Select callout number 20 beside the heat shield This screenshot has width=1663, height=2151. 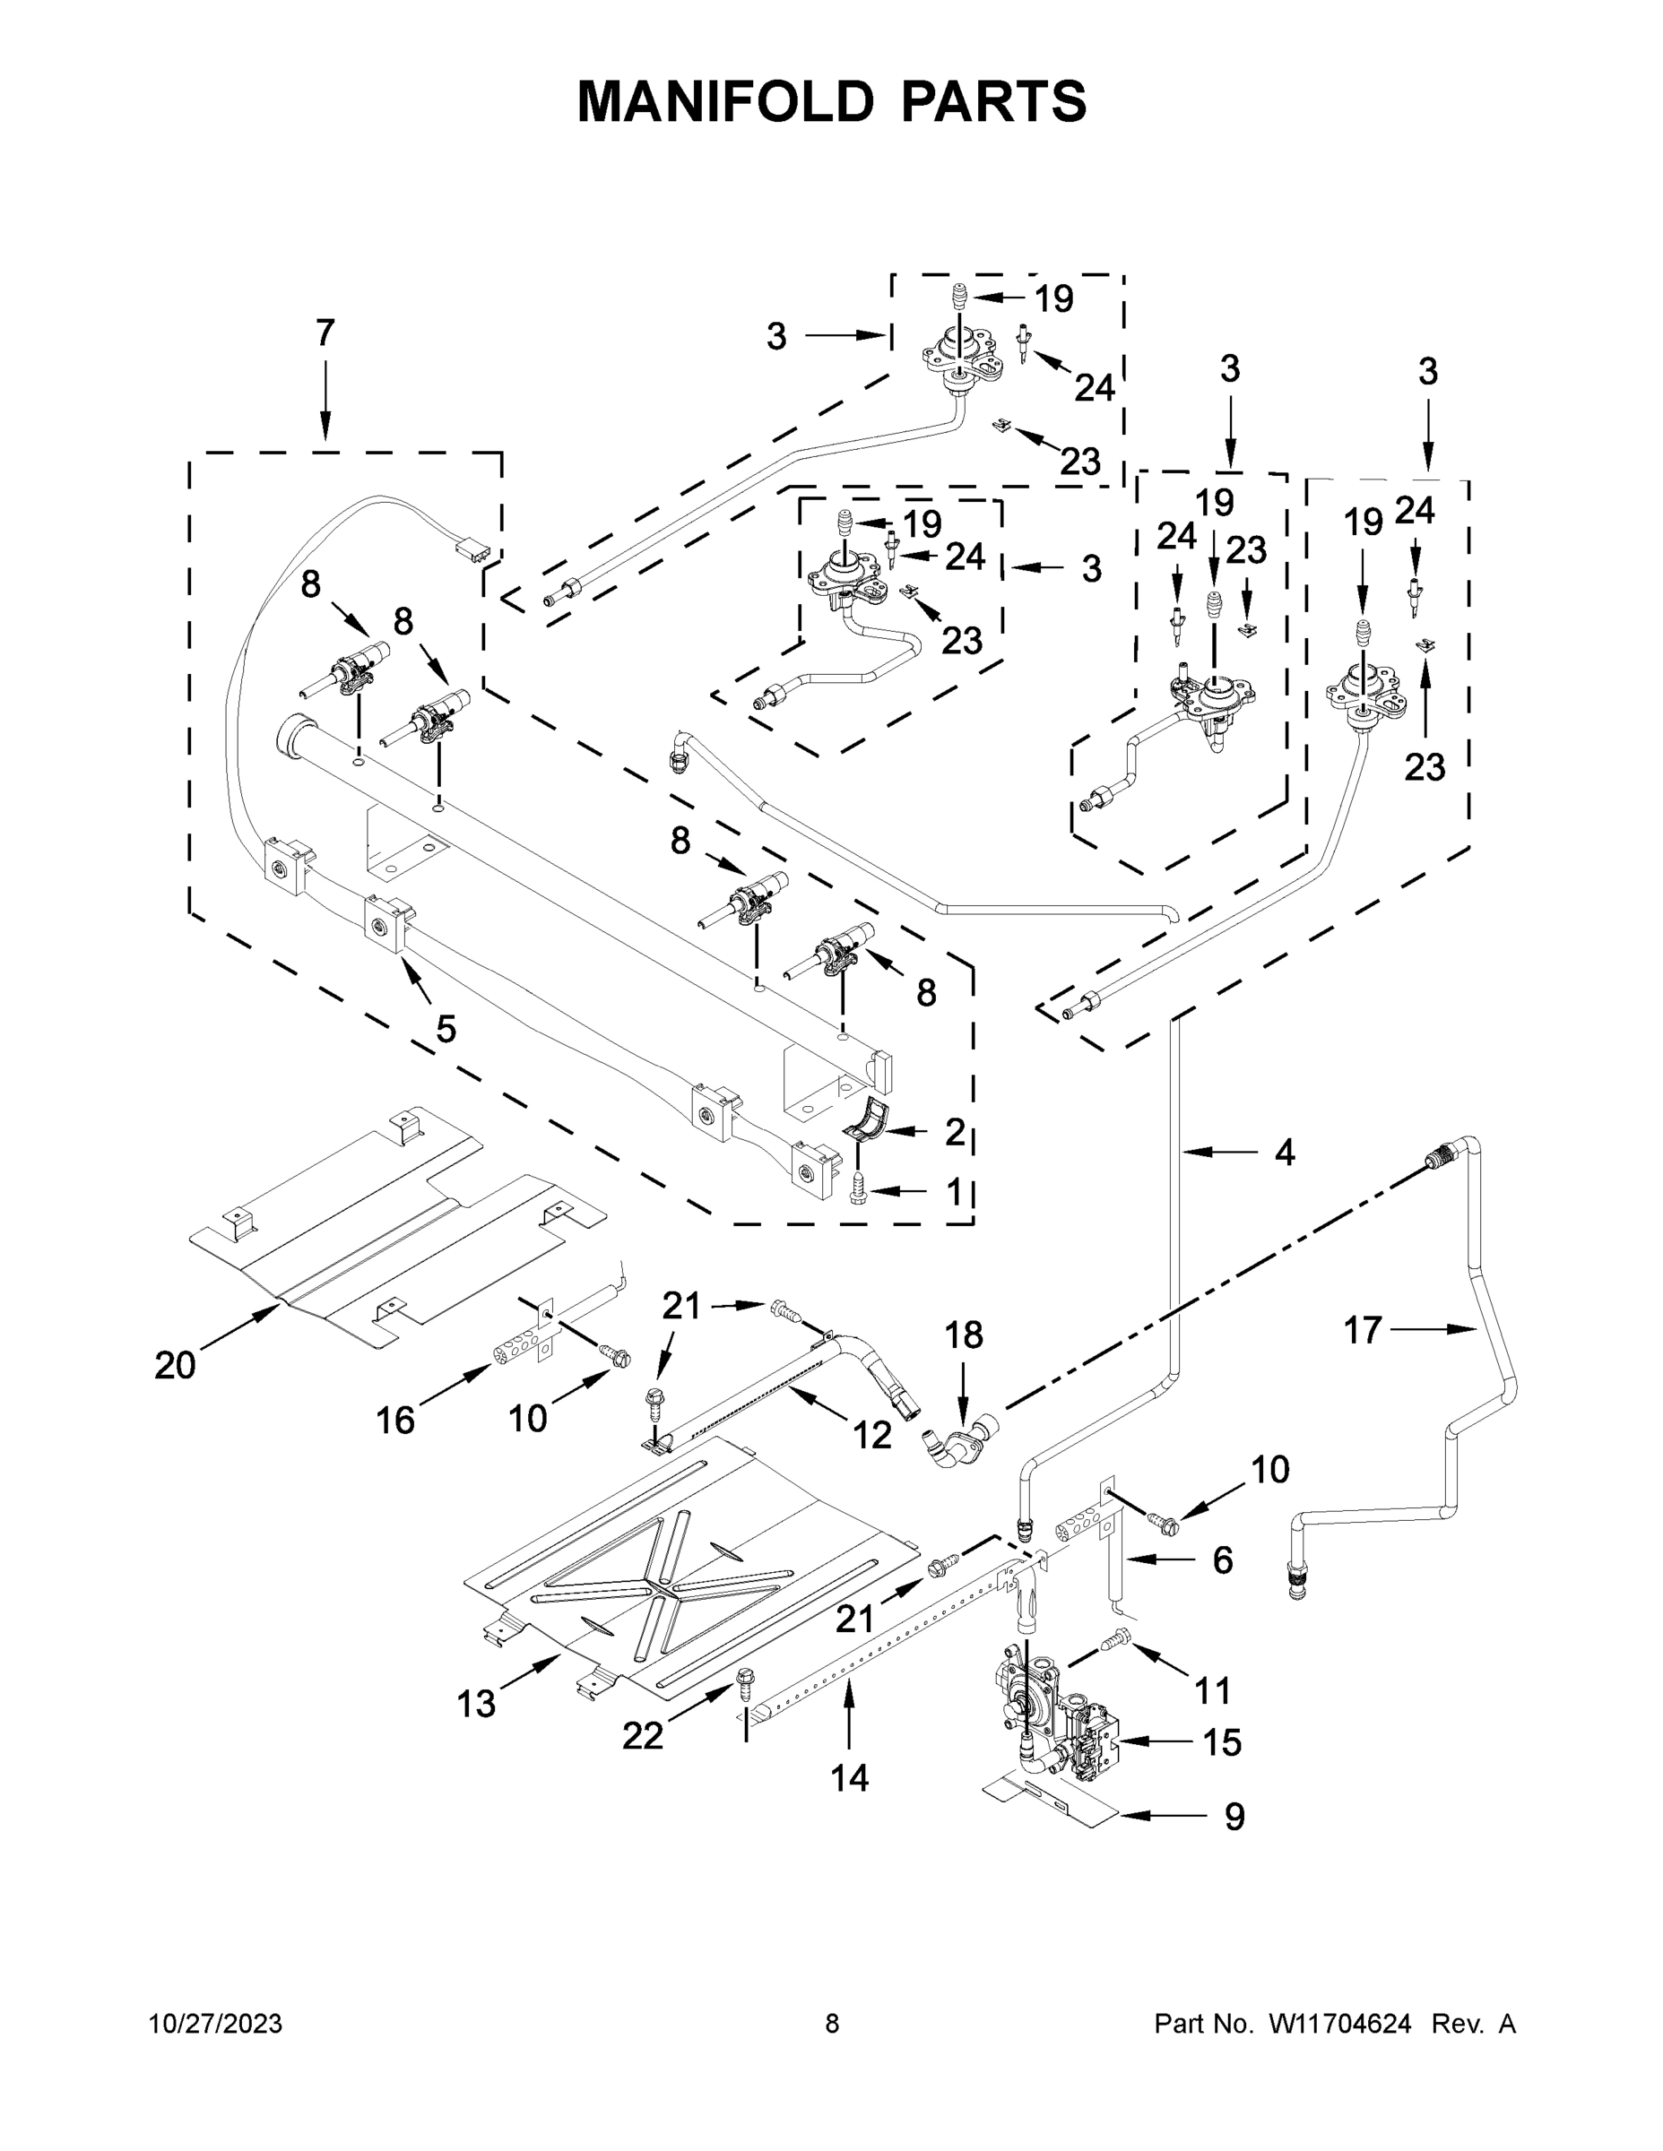pyautogui.click(x=176, y=1365)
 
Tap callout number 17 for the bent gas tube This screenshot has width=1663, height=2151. pyautogui.click(x=1364, y=1331)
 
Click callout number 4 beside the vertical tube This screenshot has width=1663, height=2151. pyautogui.click(x=1284, y=1152)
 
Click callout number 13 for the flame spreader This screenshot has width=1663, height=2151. pyautogui.click(x=476, y=1703)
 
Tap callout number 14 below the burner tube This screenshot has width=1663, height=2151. pyautogui.click(x=849, y=1778)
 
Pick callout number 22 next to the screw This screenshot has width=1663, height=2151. pyautogui.click(x=643, y=1736)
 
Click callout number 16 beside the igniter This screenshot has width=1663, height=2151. pyautogui.click(x=395, y=1421)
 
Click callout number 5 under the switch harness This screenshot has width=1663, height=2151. pyautogui.click(x=446, y=1029)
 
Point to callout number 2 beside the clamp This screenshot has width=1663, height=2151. pyautogui.click(x=954, y=1132)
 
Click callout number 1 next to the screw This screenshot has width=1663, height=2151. pyautogui.click(x=953, y=1192)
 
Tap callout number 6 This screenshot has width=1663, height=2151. pyautogui.click(x=1222, y=1559)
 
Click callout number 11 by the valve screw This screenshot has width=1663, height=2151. pyautogui.click(x=1213, y=1691)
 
